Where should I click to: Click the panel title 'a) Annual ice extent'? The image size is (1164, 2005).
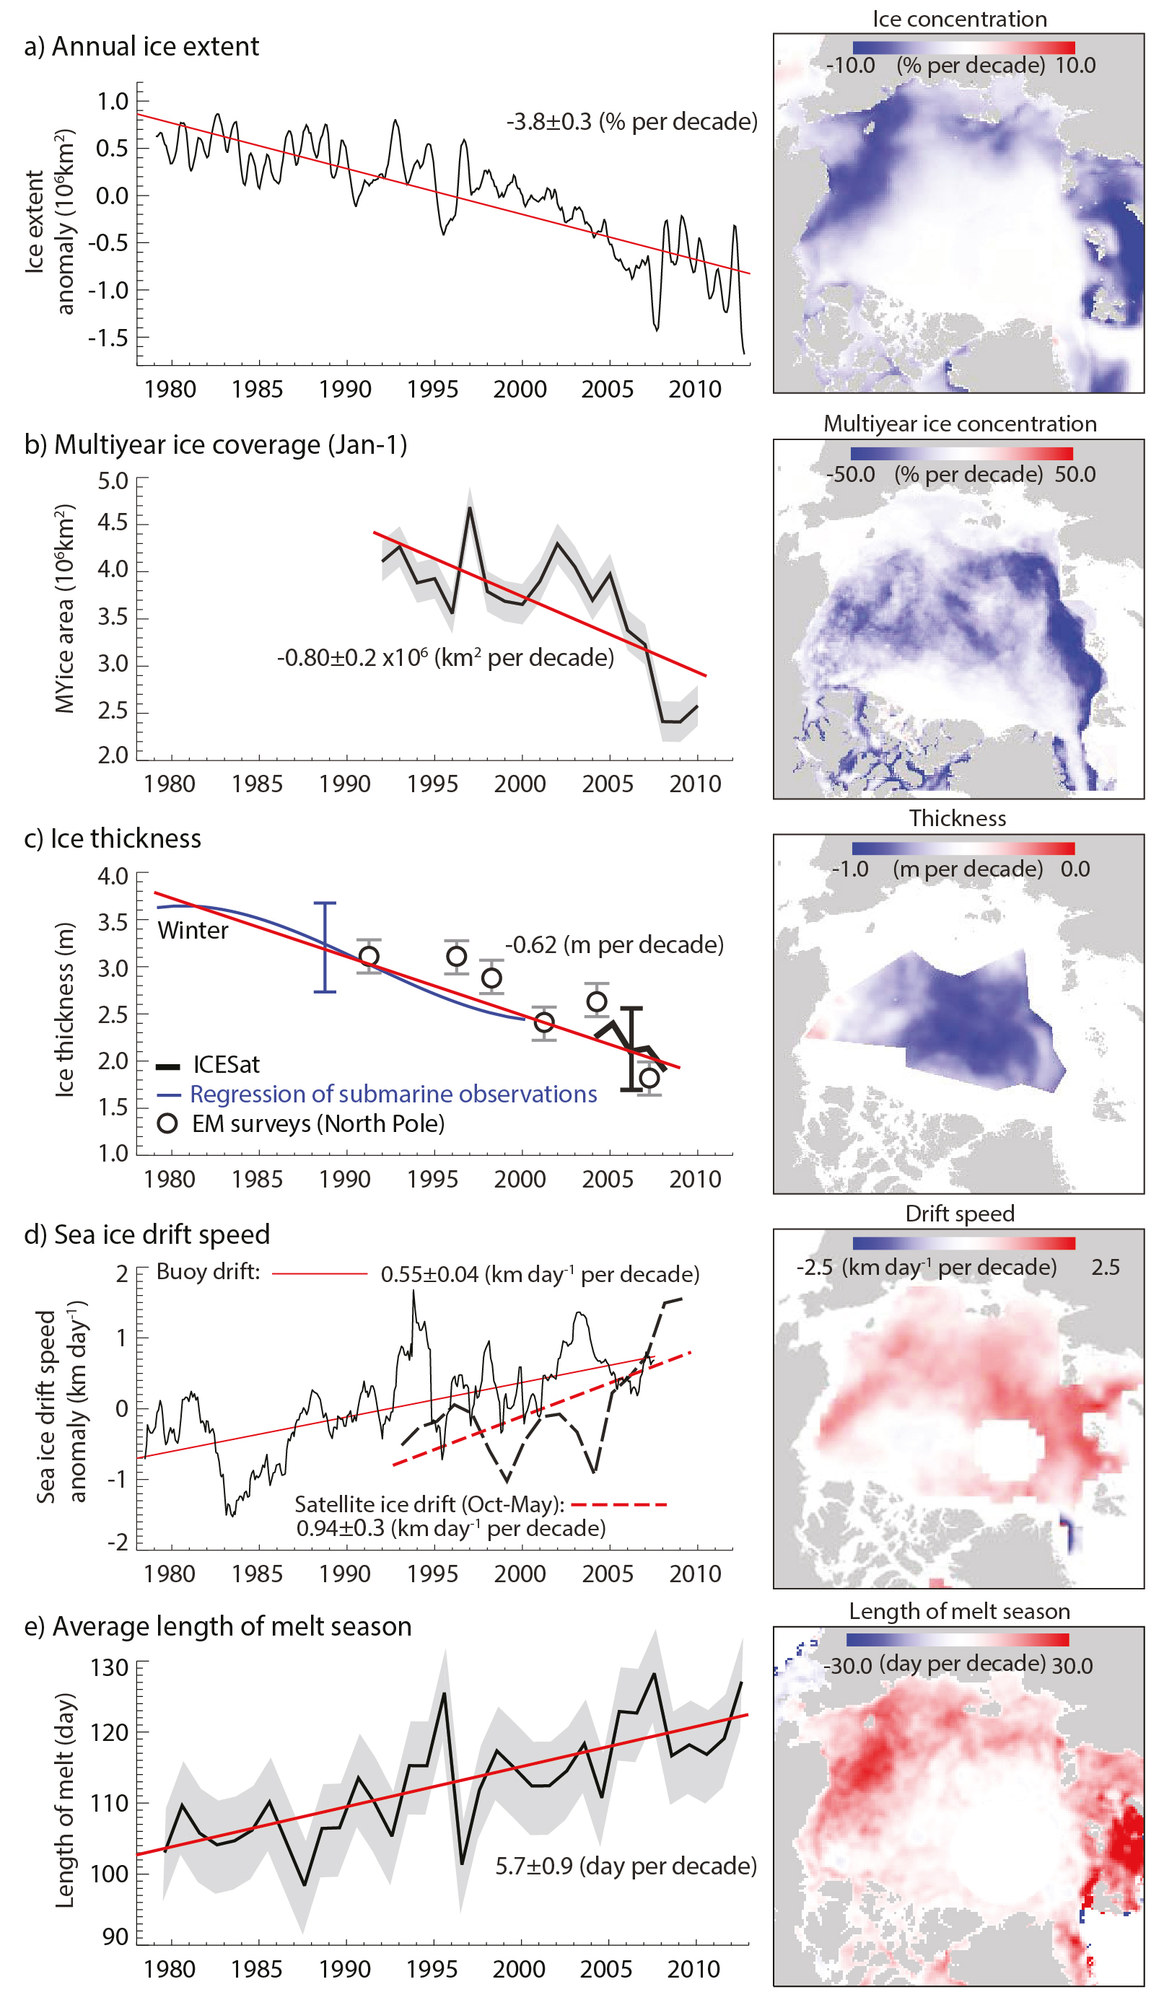141,46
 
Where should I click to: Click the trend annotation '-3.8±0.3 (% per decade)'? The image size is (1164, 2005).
631,122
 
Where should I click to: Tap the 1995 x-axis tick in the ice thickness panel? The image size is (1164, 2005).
432,1178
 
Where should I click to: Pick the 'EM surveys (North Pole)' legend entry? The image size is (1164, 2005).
302,1123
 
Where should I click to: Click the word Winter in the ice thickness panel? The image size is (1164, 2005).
193,930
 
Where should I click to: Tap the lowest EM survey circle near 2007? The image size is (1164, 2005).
649,1078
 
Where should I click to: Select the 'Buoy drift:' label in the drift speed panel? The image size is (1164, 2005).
208,1271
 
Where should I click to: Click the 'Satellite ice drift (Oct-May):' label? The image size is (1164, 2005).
429,1504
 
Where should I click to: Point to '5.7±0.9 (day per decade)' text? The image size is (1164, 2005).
626,1866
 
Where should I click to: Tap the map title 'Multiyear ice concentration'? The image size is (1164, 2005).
960,424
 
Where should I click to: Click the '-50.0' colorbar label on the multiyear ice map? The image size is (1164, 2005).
851,474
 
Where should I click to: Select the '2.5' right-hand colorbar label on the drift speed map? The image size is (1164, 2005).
1105,1267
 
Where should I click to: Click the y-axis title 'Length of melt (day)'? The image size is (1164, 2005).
64,1799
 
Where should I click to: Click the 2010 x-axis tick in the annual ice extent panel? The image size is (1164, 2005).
695,389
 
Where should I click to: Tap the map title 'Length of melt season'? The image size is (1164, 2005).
959,1611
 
